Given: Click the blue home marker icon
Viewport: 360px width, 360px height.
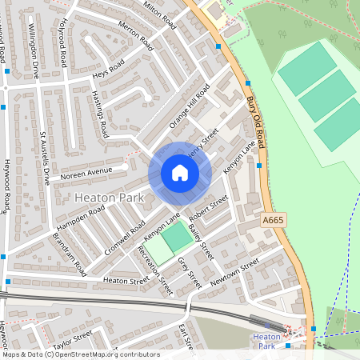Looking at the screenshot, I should click(x=180, y=173).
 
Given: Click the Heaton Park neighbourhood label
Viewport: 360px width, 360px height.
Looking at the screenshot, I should click(x=108, y=197).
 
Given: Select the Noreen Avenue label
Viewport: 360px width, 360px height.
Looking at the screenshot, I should click(x=86, y=171).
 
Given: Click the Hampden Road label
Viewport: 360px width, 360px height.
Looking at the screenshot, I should click(x=86, y=216).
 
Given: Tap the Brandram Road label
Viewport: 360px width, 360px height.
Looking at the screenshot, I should click(x=70, y=255).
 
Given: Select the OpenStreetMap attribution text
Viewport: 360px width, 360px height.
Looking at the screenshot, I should click(x=80, y=354).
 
